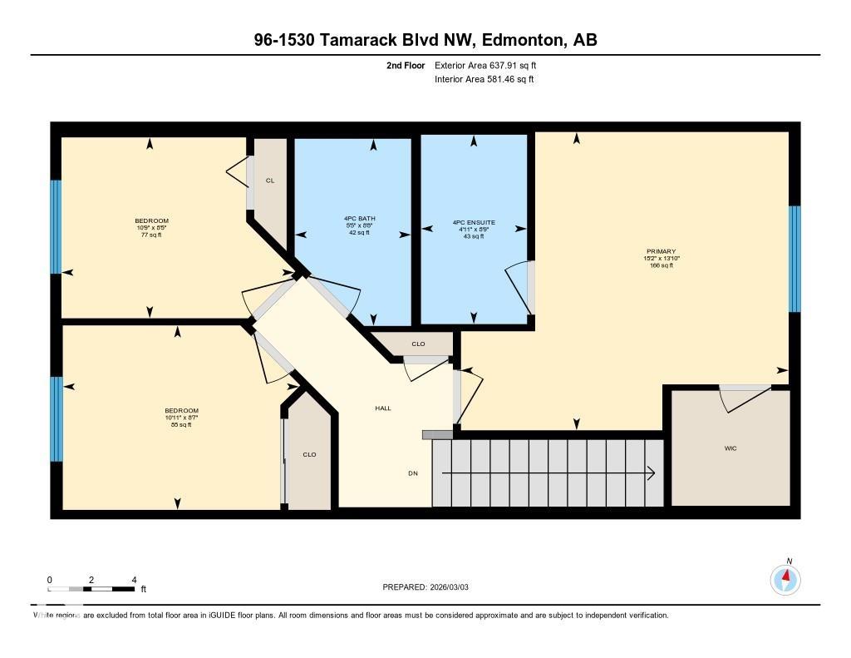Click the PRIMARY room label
click(662, 251)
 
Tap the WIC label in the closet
click(730, 448)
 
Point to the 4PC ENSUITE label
click(474, 222)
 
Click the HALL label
click(383, 408)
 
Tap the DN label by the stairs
click(412, 473)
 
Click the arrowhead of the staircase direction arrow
click(652, 473)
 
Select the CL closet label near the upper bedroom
click(270, 181)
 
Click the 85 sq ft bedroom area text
click(181, 424)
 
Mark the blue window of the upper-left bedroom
click(57, 226)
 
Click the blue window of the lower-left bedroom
click(57, 418)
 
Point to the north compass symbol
click(785, 577)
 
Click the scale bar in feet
click(91, 589)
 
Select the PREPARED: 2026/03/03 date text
click(430, 587)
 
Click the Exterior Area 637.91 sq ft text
click(491, 65)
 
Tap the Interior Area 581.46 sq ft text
click(484, 80)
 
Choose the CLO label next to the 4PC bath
click(418, 344)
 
